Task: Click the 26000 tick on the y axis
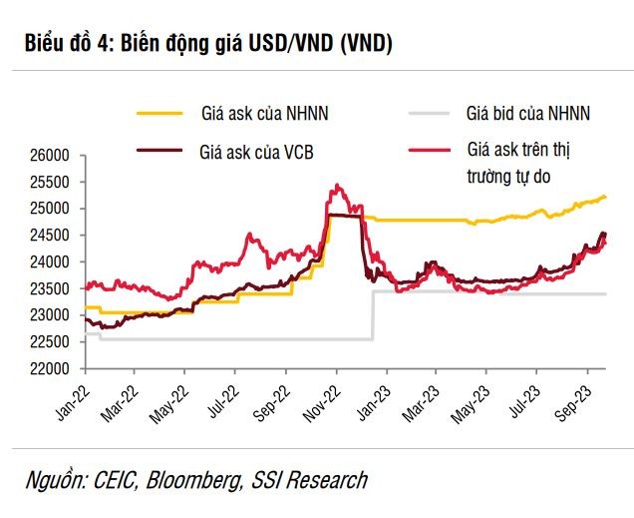[47, 156]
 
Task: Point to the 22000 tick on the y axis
[47, 368]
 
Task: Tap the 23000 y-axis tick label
[47, 315]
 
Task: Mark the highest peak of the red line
[337, 185]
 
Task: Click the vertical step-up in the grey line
[373, 315]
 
